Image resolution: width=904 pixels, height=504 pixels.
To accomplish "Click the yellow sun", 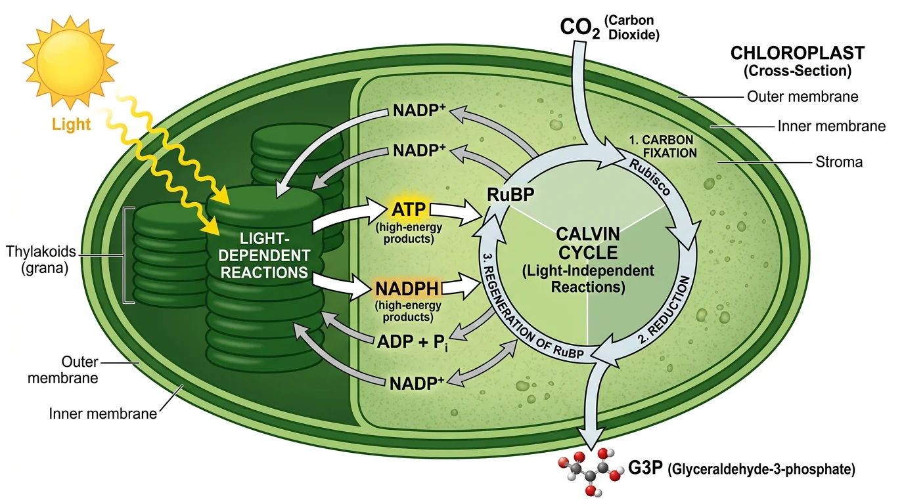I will (x=70, y=63).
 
